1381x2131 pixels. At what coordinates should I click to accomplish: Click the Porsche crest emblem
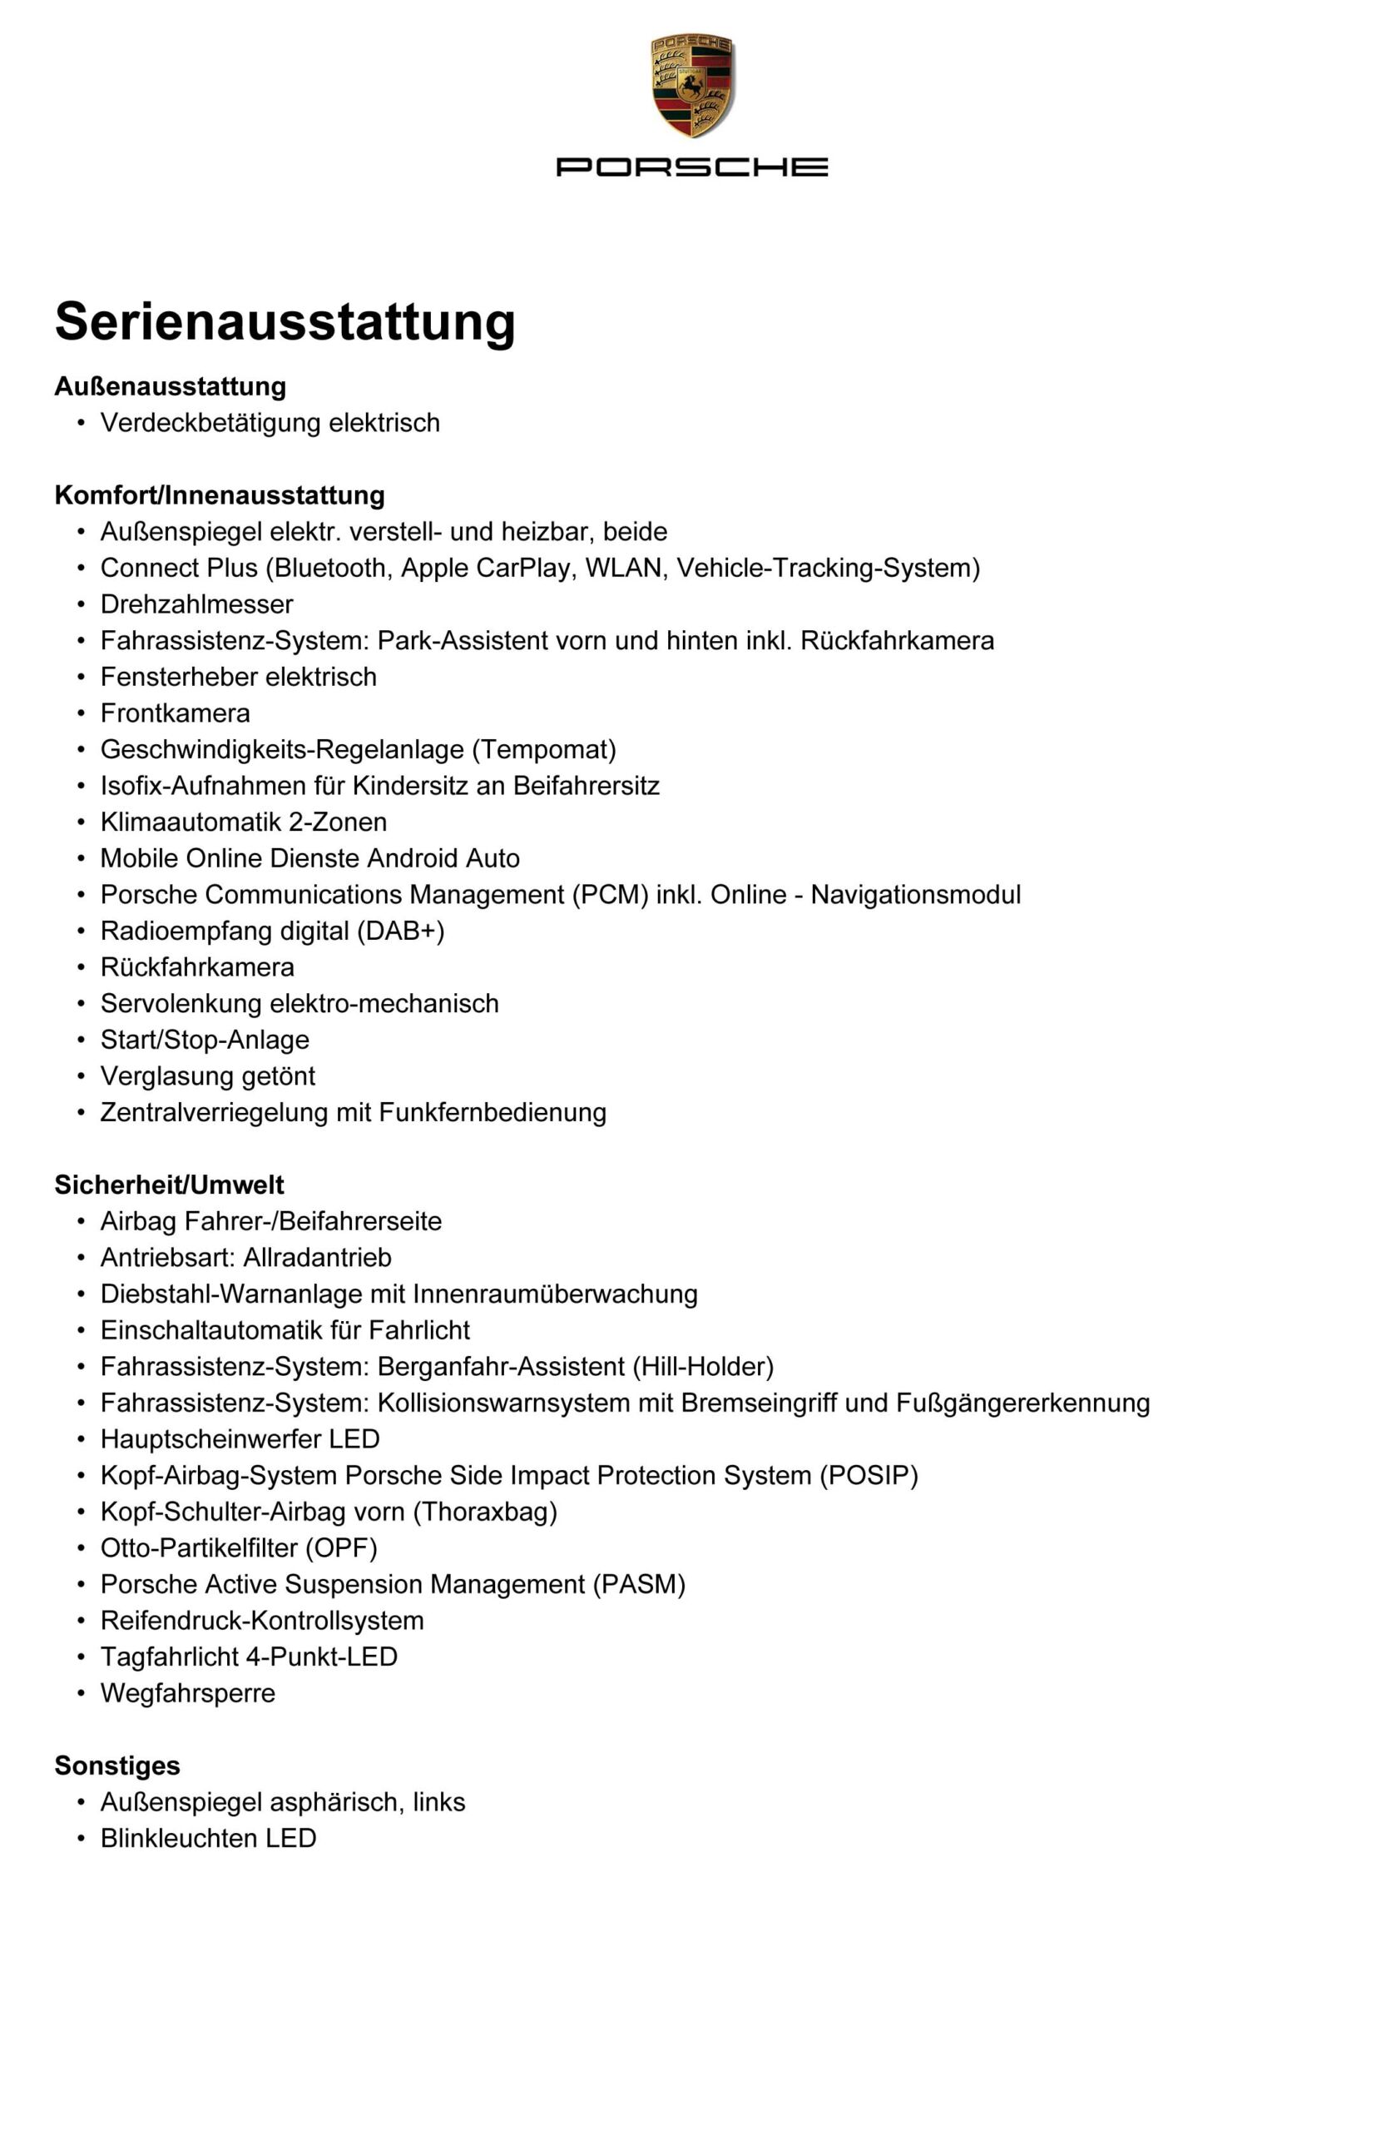tap(691, 86)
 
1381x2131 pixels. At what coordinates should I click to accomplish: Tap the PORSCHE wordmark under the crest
tap(691, 166)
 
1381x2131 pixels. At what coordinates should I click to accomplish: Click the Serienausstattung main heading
tap(285, 320)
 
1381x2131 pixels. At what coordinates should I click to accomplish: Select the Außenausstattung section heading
tap(170, 387)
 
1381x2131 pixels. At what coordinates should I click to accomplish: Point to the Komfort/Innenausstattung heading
tap(220, 495)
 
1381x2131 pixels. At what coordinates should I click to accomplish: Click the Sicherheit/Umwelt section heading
tap(169, 1185)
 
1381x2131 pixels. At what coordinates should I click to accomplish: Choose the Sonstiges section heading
tap(117, 1765)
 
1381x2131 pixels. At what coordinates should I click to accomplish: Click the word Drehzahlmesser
tap(196, 604)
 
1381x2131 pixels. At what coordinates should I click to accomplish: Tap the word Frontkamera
tap(175, 713)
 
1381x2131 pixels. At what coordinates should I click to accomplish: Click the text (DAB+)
tap(400, 931)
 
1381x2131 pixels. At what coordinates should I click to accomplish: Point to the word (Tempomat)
tap(543, 749)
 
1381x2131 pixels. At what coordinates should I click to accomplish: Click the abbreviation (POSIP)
tap(869, 1475)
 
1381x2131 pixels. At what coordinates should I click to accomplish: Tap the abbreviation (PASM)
tap(638, 1584)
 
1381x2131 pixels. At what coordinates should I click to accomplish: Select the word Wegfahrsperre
tap(187, 1692)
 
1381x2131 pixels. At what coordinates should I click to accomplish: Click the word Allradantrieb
tap(317, 1257)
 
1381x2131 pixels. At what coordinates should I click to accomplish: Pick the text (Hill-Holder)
tap(703, 1366)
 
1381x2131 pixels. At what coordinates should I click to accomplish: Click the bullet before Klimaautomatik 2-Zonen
tap(82, 822)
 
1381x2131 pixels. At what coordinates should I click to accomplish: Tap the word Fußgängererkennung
tap(1022, 1402)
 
